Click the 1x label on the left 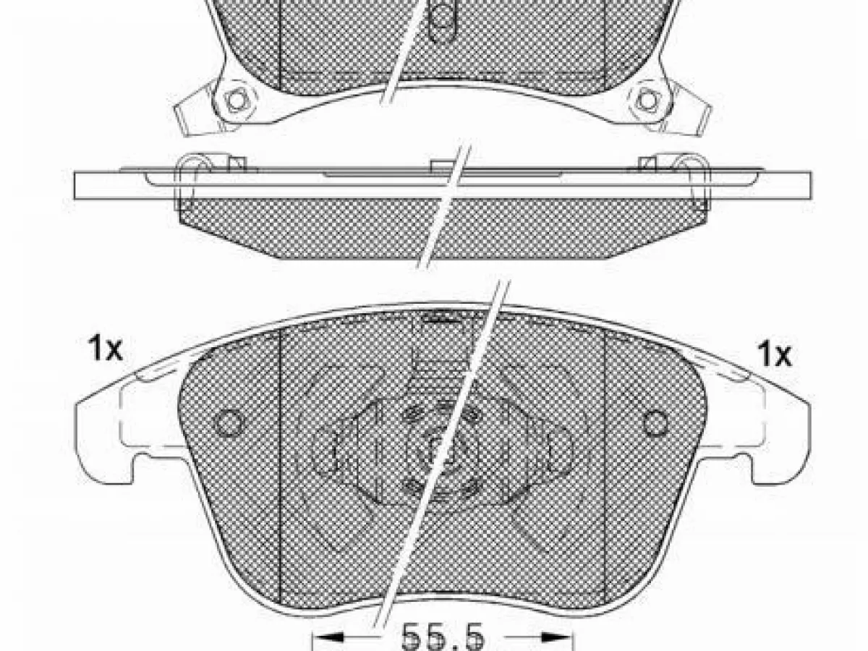[x=106, y=348]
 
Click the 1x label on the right [x=774, y=354]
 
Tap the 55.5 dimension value [x=443, y=637]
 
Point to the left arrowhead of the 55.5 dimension [x=328, y=637]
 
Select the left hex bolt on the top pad [x=237, y=100]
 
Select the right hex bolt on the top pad [x=647, y=100]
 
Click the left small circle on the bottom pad [x=229, y=423]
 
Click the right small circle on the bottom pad [x=655, y=422]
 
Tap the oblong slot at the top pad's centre [x=441, y=20]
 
